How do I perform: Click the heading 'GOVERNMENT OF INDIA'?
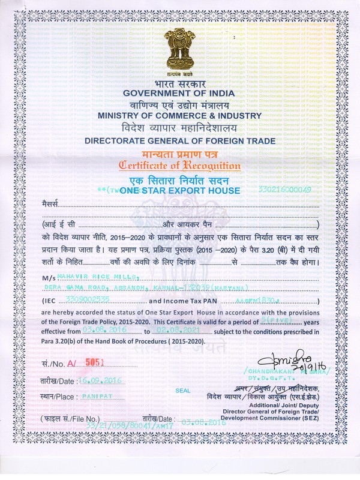click(180, 92)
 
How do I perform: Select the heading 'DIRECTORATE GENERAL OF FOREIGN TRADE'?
click(180, 141)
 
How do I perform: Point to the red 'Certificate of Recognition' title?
click(180, 166)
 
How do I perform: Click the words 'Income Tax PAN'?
click(187, 300)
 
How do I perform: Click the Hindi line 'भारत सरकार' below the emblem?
click(180, 82)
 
